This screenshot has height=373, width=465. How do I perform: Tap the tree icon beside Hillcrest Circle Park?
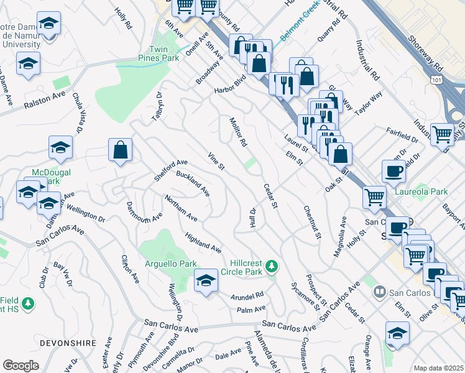click(271, 267)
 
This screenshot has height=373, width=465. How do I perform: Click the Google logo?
click(21, 365)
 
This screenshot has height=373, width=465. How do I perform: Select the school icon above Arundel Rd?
click(206, 280)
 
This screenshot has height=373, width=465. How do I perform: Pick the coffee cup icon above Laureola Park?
click(393, 170)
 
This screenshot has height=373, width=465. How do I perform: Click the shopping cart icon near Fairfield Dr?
click(442, 134)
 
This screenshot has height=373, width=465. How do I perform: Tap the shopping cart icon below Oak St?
click(374, 198)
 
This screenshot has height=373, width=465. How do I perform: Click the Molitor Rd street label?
click(238, 132)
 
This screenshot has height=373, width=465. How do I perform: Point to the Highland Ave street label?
click(203, 243)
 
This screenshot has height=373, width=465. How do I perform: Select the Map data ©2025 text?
click(438, 368)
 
